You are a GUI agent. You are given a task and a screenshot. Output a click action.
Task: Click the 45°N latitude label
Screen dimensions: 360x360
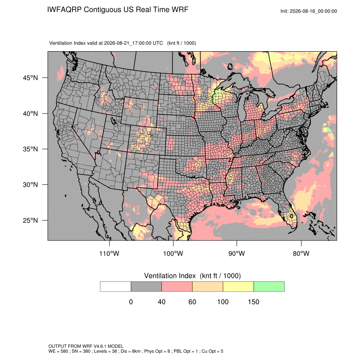coord(30,78)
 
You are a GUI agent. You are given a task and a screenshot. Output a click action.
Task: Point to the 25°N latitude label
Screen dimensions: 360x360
coord(30,220)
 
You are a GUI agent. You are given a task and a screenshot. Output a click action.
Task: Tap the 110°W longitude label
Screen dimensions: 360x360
coord(109,253)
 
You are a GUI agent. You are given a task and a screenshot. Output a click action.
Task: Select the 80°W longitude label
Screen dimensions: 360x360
coord(301,253)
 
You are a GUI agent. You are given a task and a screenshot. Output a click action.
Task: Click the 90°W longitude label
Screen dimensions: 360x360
coord(237,253)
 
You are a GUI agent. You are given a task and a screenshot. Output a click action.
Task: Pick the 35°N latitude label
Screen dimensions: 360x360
coord(30,149)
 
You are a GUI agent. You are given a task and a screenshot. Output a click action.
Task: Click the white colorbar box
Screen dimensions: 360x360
coord(116,287)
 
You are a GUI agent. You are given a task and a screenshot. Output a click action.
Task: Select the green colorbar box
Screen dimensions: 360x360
coord(269,287)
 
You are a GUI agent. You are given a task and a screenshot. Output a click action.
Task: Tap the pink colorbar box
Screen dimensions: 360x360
coord(177,287)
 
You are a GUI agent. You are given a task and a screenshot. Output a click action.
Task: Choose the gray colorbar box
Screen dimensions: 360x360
coord(146,287)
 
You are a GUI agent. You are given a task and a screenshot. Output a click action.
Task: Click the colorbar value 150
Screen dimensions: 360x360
coord(253,302)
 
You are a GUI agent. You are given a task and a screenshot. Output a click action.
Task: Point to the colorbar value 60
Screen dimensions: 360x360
coord(192,302)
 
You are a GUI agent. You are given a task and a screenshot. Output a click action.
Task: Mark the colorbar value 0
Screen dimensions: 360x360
coord(131,302)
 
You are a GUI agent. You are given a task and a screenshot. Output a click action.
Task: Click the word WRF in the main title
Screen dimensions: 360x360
coord(180,10)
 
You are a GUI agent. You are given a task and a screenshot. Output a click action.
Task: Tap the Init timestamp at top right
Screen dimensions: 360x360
coord(309,11)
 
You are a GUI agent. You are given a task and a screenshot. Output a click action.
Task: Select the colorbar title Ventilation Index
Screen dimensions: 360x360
coord(170,276)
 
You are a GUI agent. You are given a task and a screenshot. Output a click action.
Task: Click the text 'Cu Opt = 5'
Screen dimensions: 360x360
coord(212,351)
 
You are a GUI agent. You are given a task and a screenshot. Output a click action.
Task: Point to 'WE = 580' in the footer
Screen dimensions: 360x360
coord(58,351)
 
